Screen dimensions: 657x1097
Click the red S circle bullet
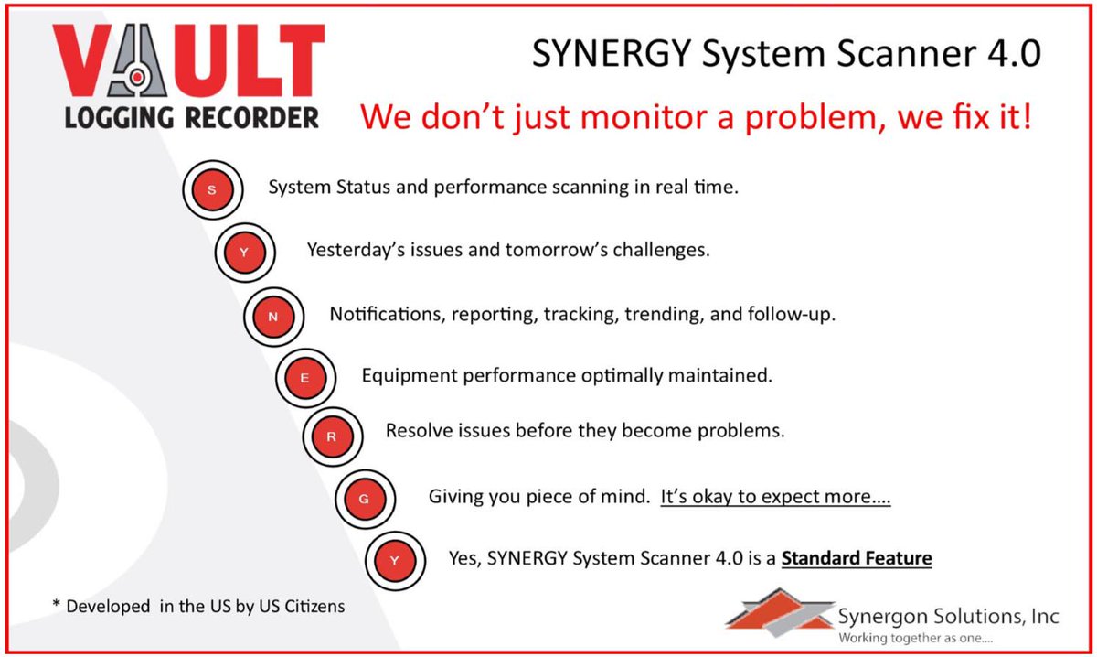[212, 190]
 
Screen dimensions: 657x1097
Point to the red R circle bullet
[332, 436]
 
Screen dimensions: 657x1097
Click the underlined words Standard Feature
[856, 557]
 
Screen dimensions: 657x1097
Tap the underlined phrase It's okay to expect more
[775, 498]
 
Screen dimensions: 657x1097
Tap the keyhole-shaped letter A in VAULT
[136, 63]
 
